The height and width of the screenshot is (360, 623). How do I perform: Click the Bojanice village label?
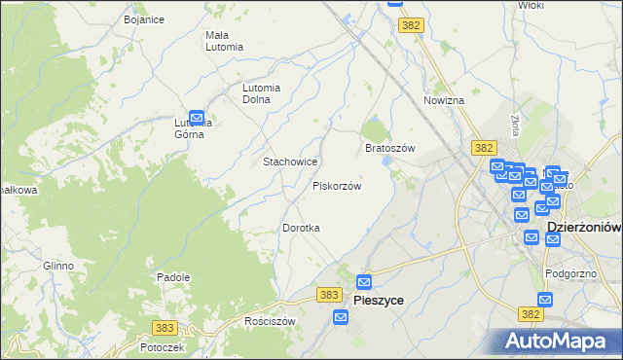pyautogui.click(x=144, y=19)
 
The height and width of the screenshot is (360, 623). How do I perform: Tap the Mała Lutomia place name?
pyautogui.click(x=224, y=41)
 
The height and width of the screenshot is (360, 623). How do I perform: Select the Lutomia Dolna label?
pyautogui.click(x=262, y=92)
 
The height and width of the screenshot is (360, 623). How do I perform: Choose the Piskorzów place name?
pyautogui.click(x=337, y=186)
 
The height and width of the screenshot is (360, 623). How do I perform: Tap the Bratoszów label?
pyautogui.click(x=390, y=148)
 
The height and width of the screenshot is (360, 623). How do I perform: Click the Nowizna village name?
pyautogui.click(x=444, y=100)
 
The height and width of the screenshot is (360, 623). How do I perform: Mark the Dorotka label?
pyautogui.click(x=302, y=228)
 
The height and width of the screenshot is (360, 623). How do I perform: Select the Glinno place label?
pyautogui.click(x=58, y=266)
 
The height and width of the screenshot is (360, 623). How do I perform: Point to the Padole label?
pyautogui.click(x=173, y=277)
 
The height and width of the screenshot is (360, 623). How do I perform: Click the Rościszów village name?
pyautogui.click(x=270, y=321)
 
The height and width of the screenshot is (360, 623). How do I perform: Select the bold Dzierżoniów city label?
pyautogui.click(x=584, y=227)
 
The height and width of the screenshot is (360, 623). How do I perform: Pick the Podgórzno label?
pyautogui.click(x=570, y=274)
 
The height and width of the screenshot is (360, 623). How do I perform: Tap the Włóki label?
pyautogui.click(x=531, y=6)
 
